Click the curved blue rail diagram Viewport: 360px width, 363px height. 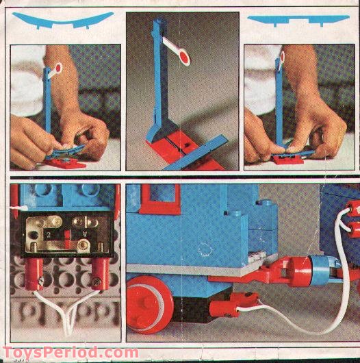[66, 20]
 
